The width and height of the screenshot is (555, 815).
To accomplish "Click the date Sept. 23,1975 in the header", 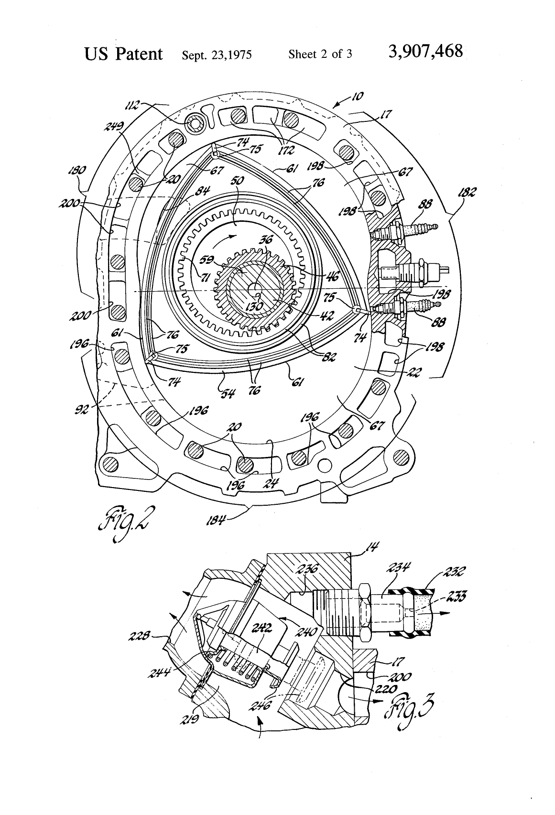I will tap(217, 54).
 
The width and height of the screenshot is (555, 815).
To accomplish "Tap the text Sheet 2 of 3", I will tap(320, 54).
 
